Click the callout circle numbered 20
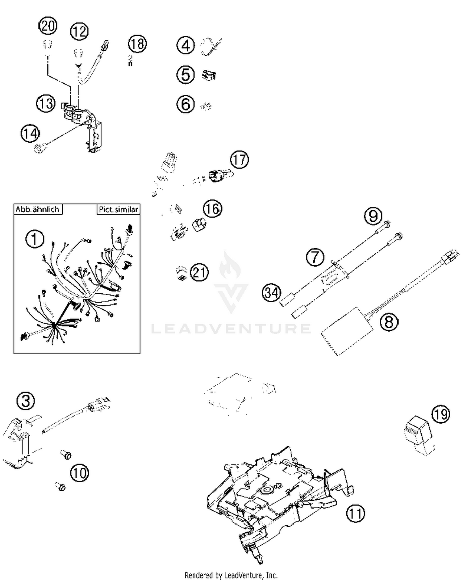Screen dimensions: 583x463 tap(48, 26)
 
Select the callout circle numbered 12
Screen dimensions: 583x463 tap(79, 31)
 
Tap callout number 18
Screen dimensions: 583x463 tap(137, 44)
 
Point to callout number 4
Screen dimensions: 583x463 tap(186, 45)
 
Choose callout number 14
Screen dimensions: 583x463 tap(30, 133)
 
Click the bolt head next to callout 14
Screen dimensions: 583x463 tap(39, 149)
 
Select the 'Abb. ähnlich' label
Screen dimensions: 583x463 tap(37, 209)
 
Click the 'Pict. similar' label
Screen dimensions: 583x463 tap(118, 209)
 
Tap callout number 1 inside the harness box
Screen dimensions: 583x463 tap(35, 239)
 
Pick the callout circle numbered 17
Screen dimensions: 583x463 tap(239, 160)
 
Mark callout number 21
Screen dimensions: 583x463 tap(199, 272)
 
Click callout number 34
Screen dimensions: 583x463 tap(272, 292)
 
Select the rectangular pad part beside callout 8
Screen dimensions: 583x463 tap(346, 331)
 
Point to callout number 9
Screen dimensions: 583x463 tap(373, 216)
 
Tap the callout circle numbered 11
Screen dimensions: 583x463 tap(355, 513)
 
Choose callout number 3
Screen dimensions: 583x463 tap(26, 401)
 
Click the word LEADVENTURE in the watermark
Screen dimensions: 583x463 tap(231, 329)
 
